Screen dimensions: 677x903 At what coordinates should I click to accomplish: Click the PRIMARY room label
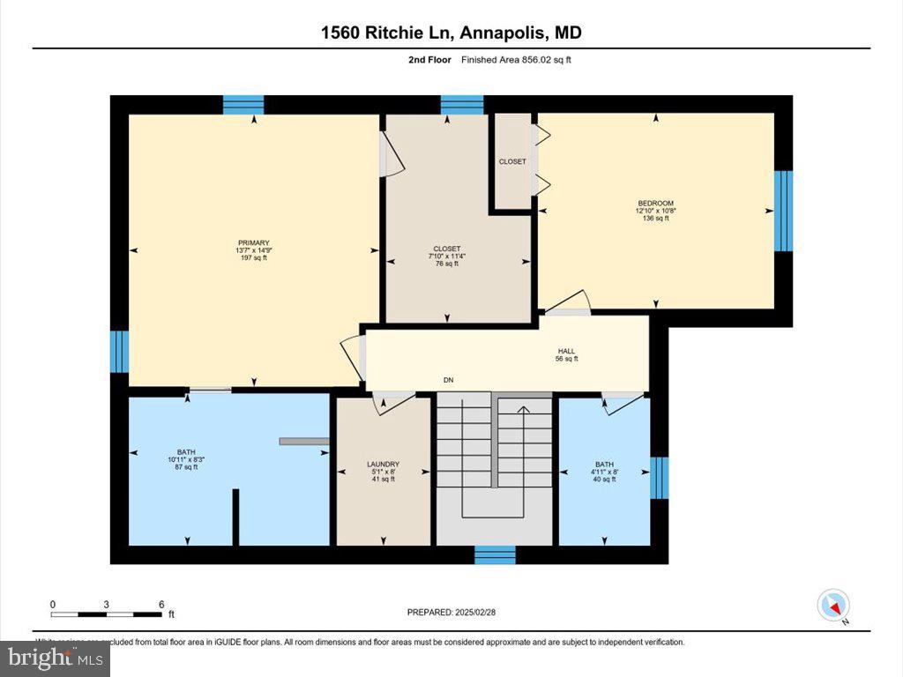(x=253, y=242)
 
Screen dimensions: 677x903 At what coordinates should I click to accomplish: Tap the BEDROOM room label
(x=655, y=203)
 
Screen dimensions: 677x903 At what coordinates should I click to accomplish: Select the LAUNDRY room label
(x=383, y=465)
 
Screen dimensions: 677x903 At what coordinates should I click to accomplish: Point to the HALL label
(x=566, y=351)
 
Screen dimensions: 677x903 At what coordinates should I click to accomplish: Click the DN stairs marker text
(x=448, y=380)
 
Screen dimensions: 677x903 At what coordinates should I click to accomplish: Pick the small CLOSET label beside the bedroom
(x=512, y=161)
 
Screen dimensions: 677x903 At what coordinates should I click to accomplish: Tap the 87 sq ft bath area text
(x=186, y=467)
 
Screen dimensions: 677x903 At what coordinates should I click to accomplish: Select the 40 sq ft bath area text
(x=604, y=479)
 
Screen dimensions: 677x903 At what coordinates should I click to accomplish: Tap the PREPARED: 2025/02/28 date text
(x=458, y=612)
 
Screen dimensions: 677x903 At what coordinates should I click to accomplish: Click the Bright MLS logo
(x=55, y=658)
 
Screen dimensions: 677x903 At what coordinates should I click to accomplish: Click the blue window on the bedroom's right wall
(x=783, y=211)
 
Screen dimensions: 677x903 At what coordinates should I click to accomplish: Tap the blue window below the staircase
(x=495, y=554)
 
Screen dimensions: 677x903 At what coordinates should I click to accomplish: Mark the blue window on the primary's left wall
(x=119, y=352)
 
